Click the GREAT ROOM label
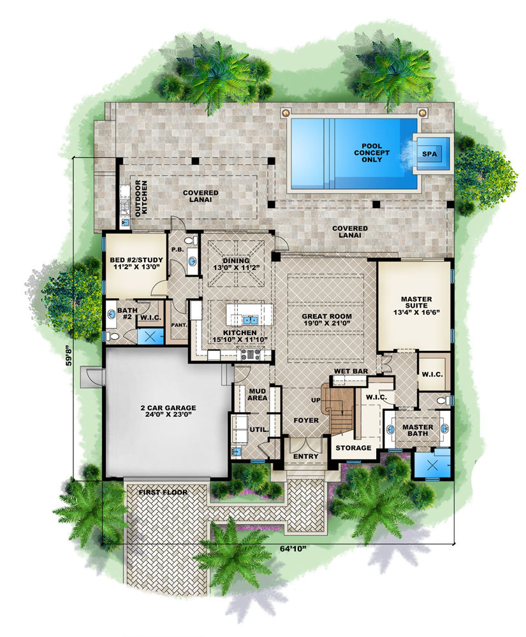(x=327, y=320)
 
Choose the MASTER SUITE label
(x=416, y=303)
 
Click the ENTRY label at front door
(x=305, y=457)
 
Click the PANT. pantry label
(x=179, y=325)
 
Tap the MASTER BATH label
(x=418, y=431)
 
